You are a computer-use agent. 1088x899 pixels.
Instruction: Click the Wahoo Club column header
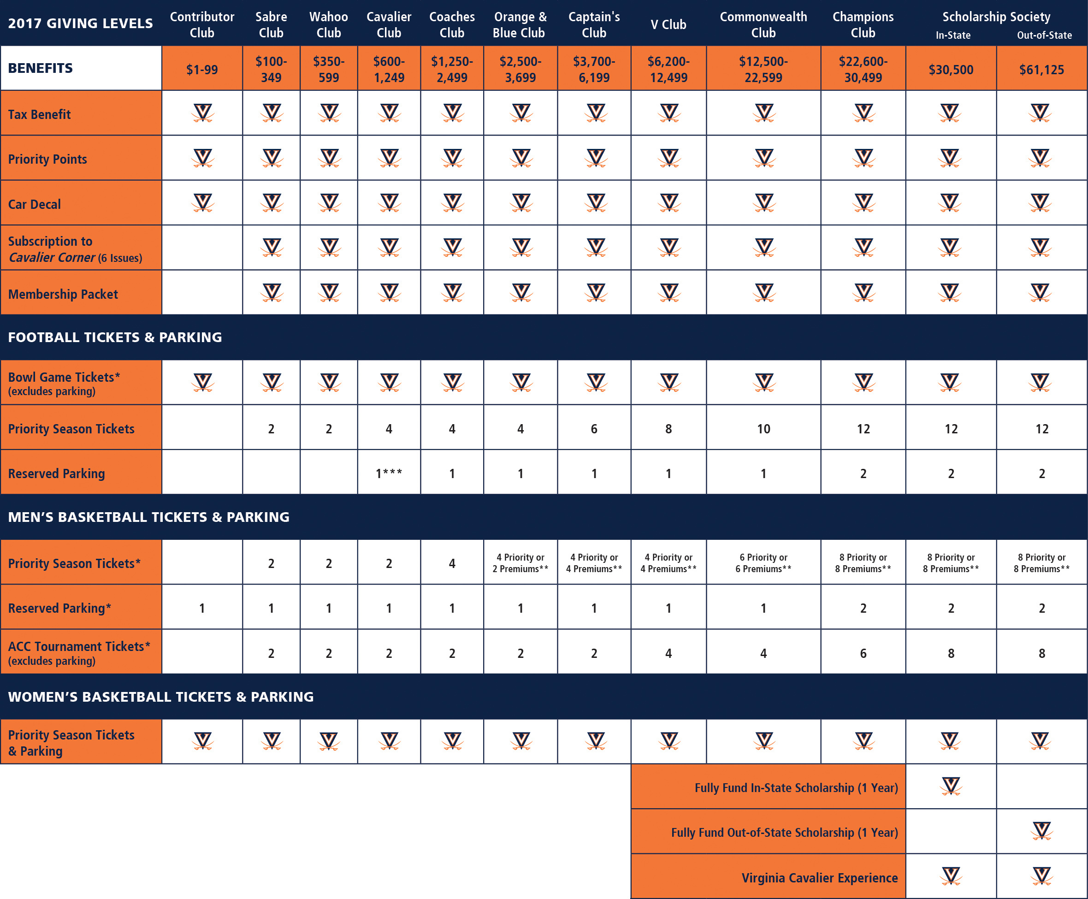(328, 24)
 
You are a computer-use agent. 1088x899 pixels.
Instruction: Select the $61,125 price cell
(1041, 70)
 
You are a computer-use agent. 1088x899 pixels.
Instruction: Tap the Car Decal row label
(34, 204)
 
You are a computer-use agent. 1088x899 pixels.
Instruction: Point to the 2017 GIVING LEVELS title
(80, 24)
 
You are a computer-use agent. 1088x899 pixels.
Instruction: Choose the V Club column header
(668, 24)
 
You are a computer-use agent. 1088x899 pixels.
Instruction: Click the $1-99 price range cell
(202, 70)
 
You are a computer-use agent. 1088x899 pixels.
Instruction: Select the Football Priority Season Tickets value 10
(763, 429)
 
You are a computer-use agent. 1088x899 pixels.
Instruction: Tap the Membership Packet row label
(63, 294)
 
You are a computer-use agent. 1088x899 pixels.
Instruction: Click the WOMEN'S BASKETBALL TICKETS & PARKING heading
(160, 697)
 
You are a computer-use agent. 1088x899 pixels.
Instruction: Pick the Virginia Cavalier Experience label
(819, 878)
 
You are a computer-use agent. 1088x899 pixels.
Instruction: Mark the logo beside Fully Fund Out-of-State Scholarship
(1041, 831)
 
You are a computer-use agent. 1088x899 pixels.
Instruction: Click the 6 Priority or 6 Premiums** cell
(763, 563)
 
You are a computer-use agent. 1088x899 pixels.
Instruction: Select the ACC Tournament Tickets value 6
(863, 653)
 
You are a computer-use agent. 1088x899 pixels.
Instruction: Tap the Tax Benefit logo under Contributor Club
(202, 112)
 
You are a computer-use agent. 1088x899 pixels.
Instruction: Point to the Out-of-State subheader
(1044, 35)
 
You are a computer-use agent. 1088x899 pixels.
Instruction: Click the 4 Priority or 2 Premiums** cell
(520, 563)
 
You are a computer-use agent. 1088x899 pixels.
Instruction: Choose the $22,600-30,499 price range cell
(863, 70)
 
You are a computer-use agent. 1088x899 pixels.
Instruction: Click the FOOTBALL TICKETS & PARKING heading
(115, 337)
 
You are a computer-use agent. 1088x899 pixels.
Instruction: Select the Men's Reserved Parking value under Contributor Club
(202, 608)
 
